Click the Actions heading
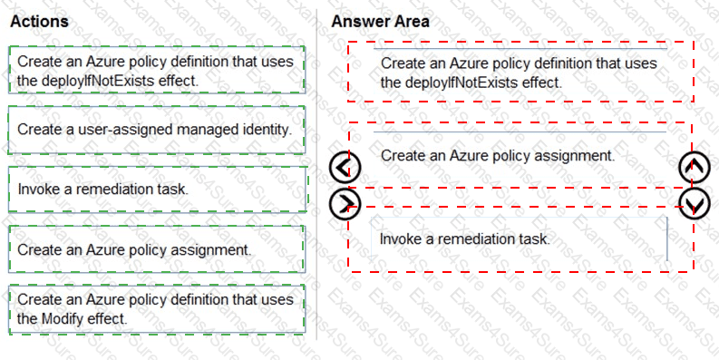pos(39,21)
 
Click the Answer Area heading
pos(381,21)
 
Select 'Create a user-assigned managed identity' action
pos(156,130)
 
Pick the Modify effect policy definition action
pos(156,309)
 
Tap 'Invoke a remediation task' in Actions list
pos(156,190)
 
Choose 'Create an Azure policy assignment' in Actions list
pos(156,249)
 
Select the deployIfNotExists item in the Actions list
pos(156,70)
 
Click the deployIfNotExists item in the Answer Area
pos(520,73)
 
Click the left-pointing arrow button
pos(345,167)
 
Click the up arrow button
pos(695,167)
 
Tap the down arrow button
pos(695,203)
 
